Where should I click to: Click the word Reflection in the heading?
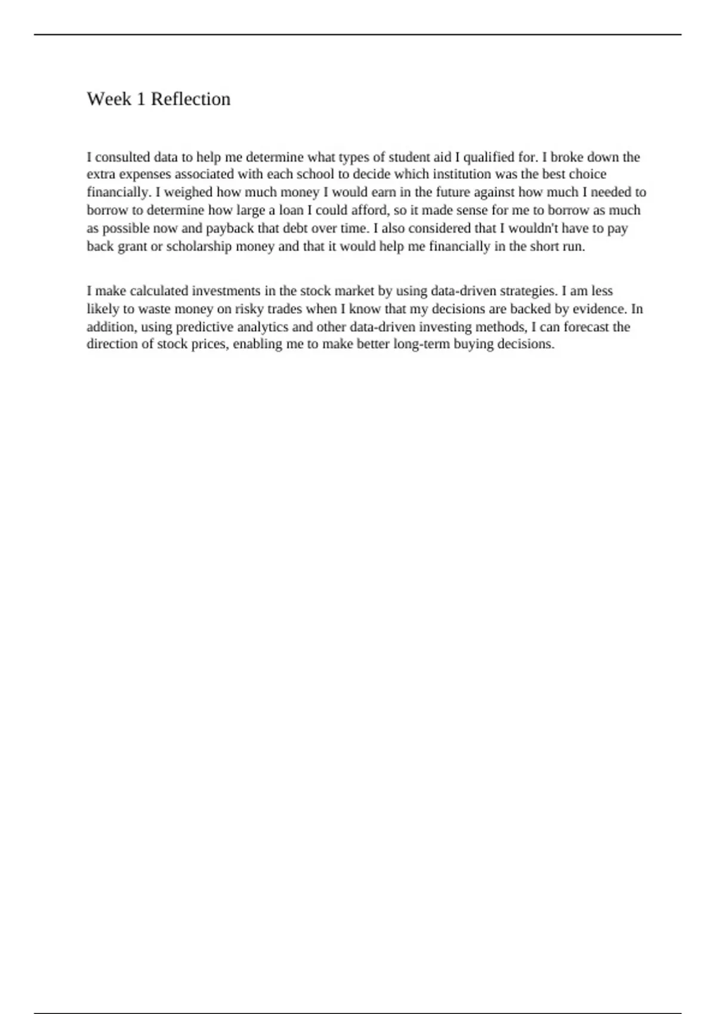(x=190, y=99)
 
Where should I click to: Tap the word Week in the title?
(x=109, y=99)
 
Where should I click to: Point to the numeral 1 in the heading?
(x=141, y=99)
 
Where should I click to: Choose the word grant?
(x=132, y=246)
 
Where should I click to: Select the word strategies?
(x=528, y=291)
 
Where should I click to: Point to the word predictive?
(x=202, y=327)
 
